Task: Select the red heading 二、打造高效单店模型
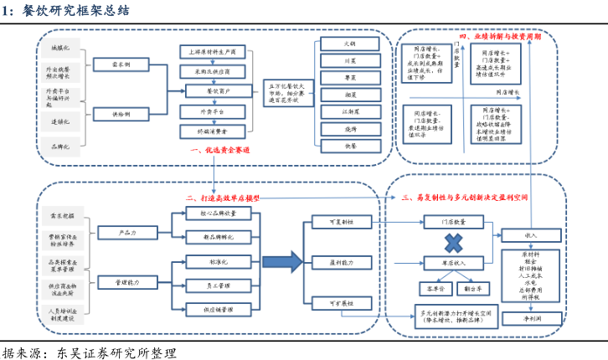pyautogui.click(x=223, y=198)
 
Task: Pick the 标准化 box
pyautogui.click(x=216, y=262)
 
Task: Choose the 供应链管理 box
pyautogui.click(x=216, y=310)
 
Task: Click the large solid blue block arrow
pyautogui.click(x=285, y=262)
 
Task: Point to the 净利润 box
pyautogui.click(x=531, y=321)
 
